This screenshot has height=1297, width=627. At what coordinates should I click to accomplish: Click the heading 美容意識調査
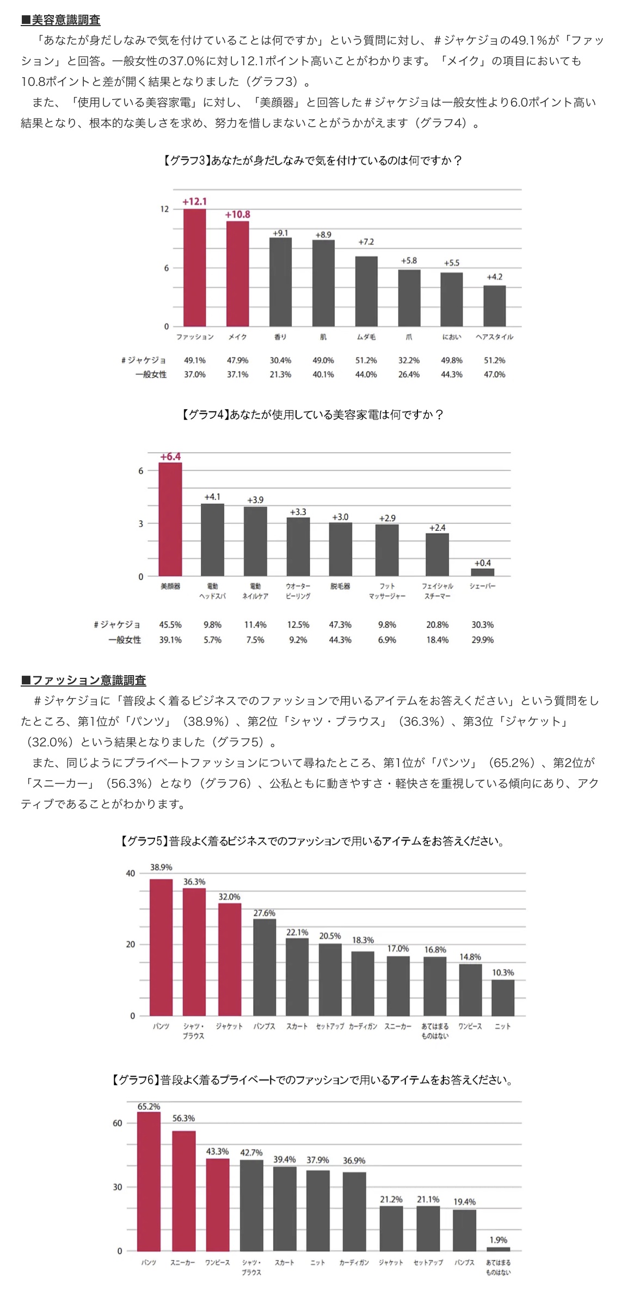coord(60,20)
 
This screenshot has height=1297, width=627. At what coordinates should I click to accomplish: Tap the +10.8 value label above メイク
coord(238,214)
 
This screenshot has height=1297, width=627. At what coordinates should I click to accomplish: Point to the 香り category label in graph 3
coord(280,337)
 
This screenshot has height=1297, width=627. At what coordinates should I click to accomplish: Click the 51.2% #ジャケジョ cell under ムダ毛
coord(366,360)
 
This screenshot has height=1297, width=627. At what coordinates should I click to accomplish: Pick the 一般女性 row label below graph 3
coord(151,374)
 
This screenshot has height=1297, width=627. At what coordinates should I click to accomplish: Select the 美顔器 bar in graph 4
coord(170,520)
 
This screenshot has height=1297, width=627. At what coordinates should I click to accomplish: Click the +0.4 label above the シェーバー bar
coord(482,563)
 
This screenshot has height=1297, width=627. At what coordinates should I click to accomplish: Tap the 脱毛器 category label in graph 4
coord(340,586)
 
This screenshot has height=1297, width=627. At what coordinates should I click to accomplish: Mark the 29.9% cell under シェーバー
coord(483,640)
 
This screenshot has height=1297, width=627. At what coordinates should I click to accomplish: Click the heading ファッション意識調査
coord(83,680)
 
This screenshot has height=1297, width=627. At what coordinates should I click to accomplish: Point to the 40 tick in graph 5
coord(131,873)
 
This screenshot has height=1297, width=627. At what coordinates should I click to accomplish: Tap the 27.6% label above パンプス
coord(265,913)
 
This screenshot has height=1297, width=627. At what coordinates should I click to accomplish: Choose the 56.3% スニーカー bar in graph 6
coord(184,1191)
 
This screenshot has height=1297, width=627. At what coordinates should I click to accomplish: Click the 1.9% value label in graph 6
coord(499,1240)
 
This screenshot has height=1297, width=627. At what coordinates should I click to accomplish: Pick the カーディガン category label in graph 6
coord(354,1262)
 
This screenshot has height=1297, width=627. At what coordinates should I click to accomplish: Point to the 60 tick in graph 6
coord(118,1123)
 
